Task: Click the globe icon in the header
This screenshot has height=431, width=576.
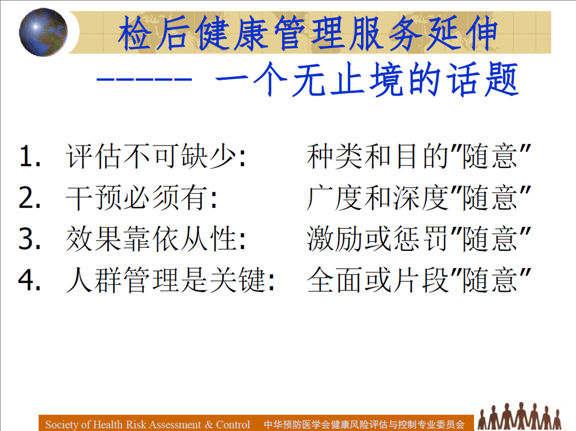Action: coord(43,32)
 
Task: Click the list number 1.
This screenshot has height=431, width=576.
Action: coord(29,157)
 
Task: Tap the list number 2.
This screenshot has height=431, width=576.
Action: coord(29,197)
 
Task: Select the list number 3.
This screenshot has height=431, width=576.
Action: coord(29,239)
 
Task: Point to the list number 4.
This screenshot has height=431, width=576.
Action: coord(29,280)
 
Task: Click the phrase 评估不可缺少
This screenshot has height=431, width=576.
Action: coord(151,157)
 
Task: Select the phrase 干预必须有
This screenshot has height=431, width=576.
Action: coord(136,197)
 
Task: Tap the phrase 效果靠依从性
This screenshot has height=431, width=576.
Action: coord(151,239)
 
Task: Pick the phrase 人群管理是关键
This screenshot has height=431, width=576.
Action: coord(165,280)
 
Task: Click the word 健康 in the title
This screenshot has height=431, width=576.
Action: coord(232,33)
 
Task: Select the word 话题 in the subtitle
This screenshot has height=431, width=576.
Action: coord(482,79)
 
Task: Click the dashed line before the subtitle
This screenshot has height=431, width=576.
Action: coord(144,79)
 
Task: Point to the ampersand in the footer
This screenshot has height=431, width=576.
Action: coord(209,425)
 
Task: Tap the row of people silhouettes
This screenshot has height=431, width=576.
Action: coord(519,417)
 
